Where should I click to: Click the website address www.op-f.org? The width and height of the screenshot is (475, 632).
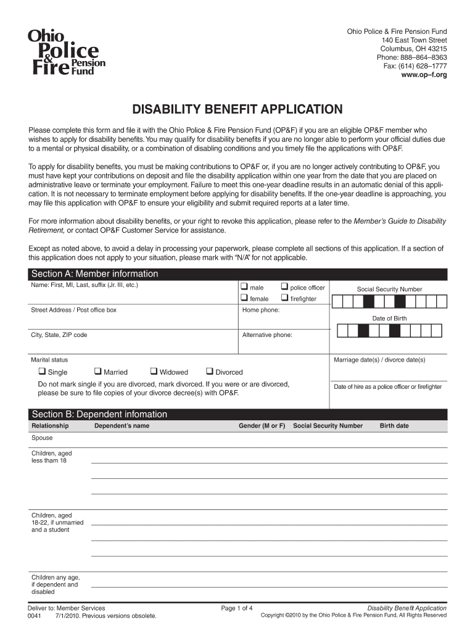[x=424, y=75]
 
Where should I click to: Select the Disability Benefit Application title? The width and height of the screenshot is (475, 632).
[x=238, y=110]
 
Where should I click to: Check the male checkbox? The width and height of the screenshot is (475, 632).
[x=244, y=287]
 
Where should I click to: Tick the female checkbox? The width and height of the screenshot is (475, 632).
[x=244, y=299]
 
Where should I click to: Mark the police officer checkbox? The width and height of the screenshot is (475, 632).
[x=284, y=287]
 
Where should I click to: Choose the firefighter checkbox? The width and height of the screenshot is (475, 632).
[x=284, y=299]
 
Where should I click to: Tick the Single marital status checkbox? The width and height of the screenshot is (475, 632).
[x=42, y=372]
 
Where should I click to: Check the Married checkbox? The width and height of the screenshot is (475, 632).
[x=97, y=372]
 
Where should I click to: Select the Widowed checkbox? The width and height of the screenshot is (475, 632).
[x=154, y=372]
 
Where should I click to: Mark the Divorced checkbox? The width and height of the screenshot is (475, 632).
[x=209, y=372]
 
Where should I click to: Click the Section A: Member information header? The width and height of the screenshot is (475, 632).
[x=95, y=274]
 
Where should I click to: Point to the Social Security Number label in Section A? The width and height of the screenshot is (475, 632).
[x=389, y=289]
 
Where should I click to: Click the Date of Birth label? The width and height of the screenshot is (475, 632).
[x=389, y=318]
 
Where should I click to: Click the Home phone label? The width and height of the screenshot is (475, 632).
[x=261, y=310]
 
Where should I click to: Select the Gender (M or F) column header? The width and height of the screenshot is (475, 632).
[x=262, y=426]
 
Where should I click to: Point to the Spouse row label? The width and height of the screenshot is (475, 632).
[x=42, y=438]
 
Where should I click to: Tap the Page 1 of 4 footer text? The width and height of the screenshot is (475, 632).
[x=237, y=608]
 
